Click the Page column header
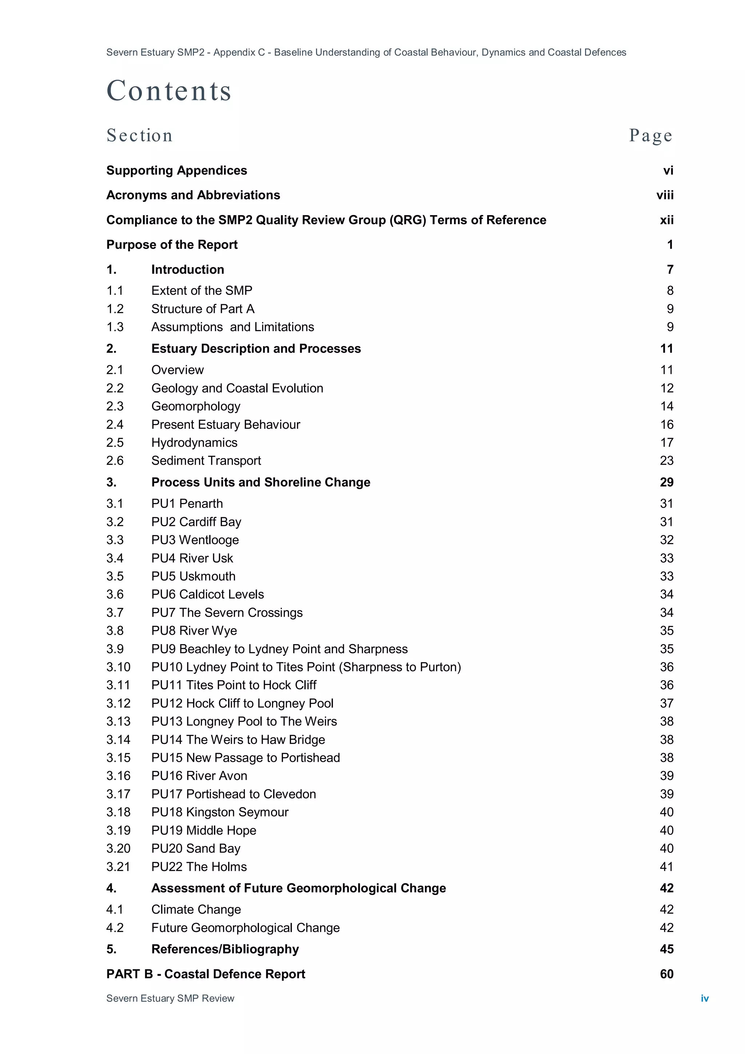pyautogui.click(x=650, y=135)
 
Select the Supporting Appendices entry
pyautogui.click(x=177, y=170)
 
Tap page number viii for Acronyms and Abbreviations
pyautogui.click(x=665, y=195)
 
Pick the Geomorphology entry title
pyautogui.click(x=196, y=406)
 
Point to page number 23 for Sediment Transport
pyautogui.click(x=666, y=460)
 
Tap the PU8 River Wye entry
pyautogui.click(x=194, y=631)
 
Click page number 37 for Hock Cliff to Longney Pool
pyautogui.click(x=666, y=703)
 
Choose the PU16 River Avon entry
pyautogui.click(x=199, y=776)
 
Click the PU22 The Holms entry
pyautogui.click(x=199, y=867)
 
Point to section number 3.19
pyautogui.click(x=118, y=831)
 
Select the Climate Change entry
pyautogui.click(x=196, y=910)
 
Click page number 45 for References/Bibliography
pyautogui.click(x=666, y=949)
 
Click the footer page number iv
pyautogui.click(x=705, y=998)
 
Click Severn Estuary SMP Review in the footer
pyautogui.click(x=170, y=998)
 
